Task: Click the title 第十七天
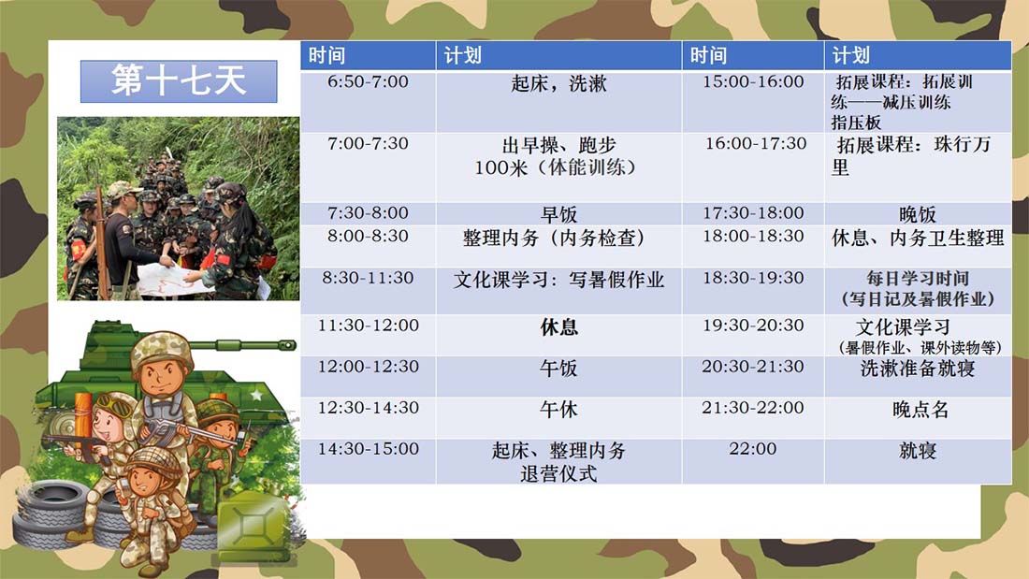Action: click(x=179, y=80)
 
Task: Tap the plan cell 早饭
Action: click(x=558, y=214)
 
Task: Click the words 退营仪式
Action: click(x=558, y=473)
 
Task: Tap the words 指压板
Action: click(x=856, y=123)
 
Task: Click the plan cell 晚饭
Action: click(x=918, y=214)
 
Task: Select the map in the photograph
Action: click(x=172, y=279)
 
